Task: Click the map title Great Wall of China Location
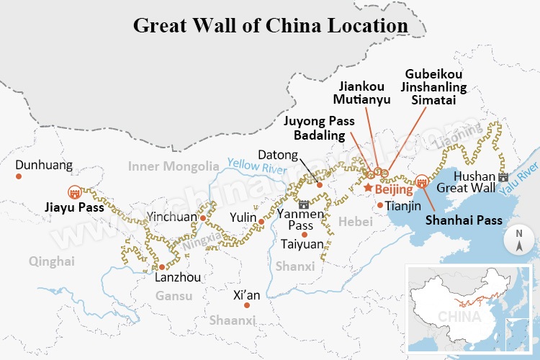pos(271,24)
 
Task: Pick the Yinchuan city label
pos(171,216)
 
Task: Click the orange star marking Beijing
pos(368,188)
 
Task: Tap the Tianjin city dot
pos(380,205)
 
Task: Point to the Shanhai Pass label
pos(463,220)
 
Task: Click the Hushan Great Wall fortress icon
pos(503,177)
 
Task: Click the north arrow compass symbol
pos(518,241)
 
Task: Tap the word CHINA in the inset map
pos(456,317)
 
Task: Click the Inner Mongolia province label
pos(173,166)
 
